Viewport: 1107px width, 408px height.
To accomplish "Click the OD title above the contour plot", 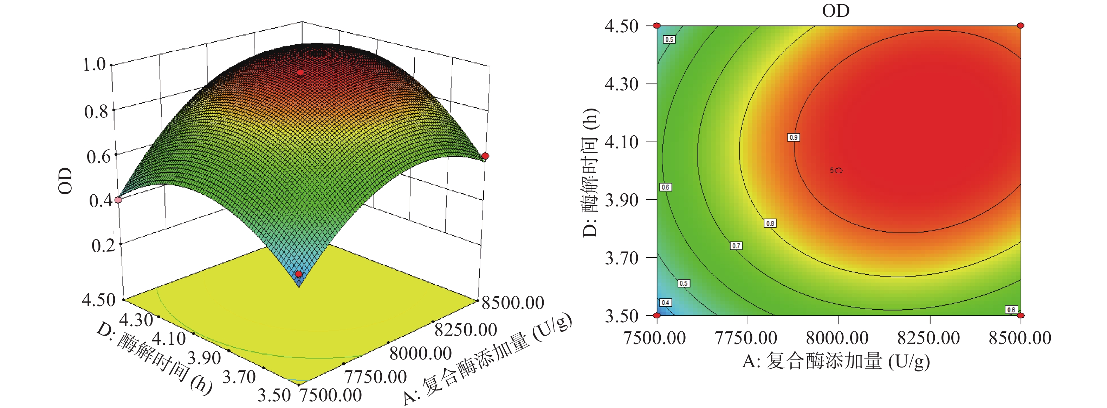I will (835, 11).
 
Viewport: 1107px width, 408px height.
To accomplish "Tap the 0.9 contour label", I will (793, 137).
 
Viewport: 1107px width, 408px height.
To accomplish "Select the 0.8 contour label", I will (770, 223).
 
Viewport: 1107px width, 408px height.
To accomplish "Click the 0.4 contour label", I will (665, 302).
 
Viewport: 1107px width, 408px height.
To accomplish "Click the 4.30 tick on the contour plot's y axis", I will (621, 84).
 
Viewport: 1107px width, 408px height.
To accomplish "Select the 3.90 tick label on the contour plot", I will (621, 200).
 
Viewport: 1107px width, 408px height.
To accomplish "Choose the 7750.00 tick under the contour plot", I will (746, 338).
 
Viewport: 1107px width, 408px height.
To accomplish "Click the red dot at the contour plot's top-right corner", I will (1021, 26).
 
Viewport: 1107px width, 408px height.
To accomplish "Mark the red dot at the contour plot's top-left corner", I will (656, 26).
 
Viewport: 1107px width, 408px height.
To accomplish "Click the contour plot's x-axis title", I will (836, 361).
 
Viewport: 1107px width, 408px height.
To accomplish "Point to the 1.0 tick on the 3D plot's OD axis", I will (94, 65).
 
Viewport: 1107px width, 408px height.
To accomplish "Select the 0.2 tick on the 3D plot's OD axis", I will (103, 246).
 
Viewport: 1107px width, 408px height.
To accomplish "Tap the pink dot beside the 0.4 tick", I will (118, 200).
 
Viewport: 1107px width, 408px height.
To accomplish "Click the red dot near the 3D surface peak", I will (300, 73).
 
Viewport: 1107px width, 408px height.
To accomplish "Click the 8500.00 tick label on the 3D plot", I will (513, 303).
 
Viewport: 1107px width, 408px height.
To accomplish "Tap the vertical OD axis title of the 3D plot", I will (66, 181).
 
